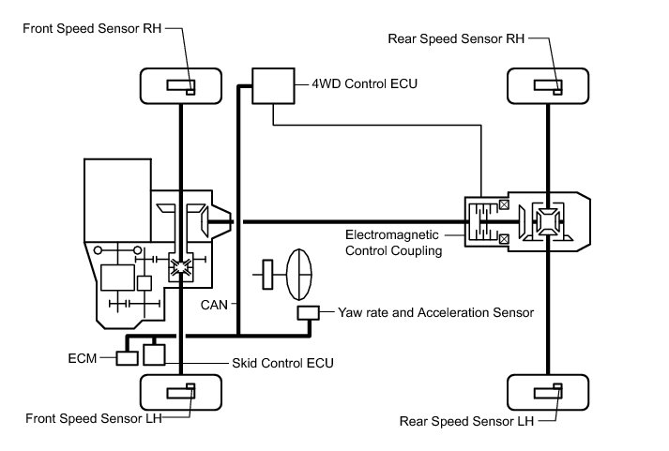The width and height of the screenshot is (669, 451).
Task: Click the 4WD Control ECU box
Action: pyautogui.click(x=273, y=85)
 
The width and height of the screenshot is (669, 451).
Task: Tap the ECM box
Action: pyautogui.click(x=128, y=358)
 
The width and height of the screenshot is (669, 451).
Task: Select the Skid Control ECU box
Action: pyautogui.click(x=154, y=354)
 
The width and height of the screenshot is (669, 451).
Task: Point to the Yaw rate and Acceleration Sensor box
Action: pyautogui.click(x=308, y=313)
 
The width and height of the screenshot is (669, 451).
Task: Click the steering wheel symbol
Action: pyautogui.click(x=298, y=275)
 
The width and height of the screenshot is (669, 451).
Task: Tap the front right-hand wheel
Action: pyautogui.click(x=181, y=85)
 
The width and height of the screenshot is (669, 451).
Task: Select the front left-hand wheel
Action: pyautogui.click(x=181, y=392)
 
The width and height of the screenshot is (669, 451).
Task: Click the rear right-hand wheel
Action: pyautogui.click(x=548, y=85)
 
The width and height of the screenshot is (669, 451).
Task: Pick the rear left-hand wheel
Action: pyautogui.click(x=548, y=392)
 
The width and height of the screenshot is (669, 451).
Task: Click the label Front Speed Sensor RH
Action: pyautogui.click(x=92, y=28)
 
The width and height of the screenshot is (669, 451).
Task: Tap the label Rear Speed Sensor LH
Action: pyautogui.click(x=466, y=422)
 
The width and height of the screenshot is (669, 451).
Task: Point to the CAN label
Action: pyautogui.click(x=214, y=305)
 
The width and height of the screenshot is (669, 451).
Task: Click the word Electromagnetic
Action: pyautogui.click(x=391, y=235)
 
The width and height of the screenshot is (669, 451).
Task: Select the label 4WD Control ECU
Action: pyautogui.click(x=364, y=83)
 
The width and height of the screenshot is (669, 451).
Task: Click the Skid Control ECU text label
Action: pyautogui.click(x=282, y=363)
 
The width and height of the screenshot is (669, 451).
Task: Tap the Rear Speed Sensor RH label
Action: pyautogui.click(x=456, y=38)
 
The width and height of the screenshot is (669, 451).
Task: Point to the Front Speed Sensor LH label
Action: pyautogui.click(x=94, y=418)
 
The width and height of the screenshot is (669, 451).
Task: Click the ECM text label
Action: pyautogui.click(x=83, y=358)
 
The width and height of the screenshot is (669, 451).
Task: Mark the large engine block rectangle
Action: pyautogui.click(x=118, y=201)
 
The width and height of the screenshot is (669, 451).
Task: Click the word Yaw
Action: pyautogui.click(x=349, y=313)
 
